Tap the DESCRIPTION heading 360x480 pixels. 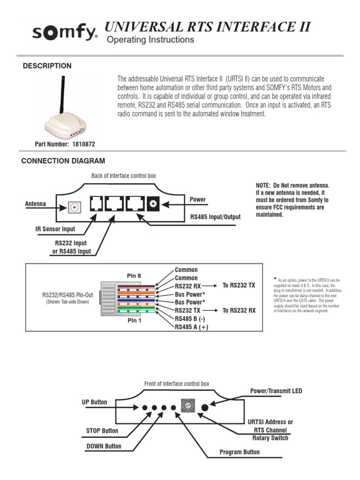(47, 66)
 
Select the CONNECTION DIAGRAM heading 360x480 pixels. (63, 161)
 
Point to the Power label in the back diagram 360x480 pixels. (197, 199)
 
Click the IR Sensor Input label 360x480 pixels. (55, 229)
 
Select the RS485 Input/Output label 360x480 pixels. (215, 217)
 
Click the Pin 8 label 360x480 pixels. (134, 276)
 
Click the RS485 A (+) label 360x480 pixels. (191, 327)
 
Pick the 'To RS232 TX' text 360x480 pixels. (239, 285)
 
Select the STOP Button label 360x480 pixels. (102, 430)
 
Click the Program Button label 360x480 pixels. (240, 452)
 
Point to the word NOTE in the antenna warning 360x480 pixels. (264, 186)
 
